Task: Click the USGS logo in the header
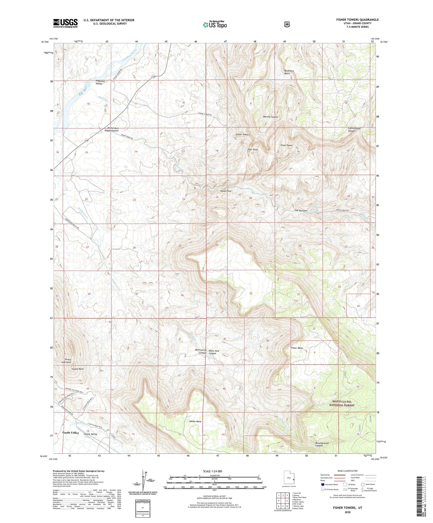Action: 65,23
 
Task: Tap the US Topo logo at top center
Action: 215,25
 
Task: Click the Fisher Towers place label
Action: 242,135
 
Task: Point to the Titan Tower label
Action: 286,145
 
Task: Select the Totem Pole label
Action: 226,191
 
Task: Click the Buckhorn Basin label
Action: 287,72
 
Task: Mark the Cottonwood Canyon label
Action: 354,130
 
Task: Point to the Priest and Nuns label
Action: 68,361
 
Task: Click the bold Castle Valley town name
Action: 70,433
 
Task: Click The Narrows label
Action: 301,211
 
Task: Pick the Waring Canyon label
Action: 270,117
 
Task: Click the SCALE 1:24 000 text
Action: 214,471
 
